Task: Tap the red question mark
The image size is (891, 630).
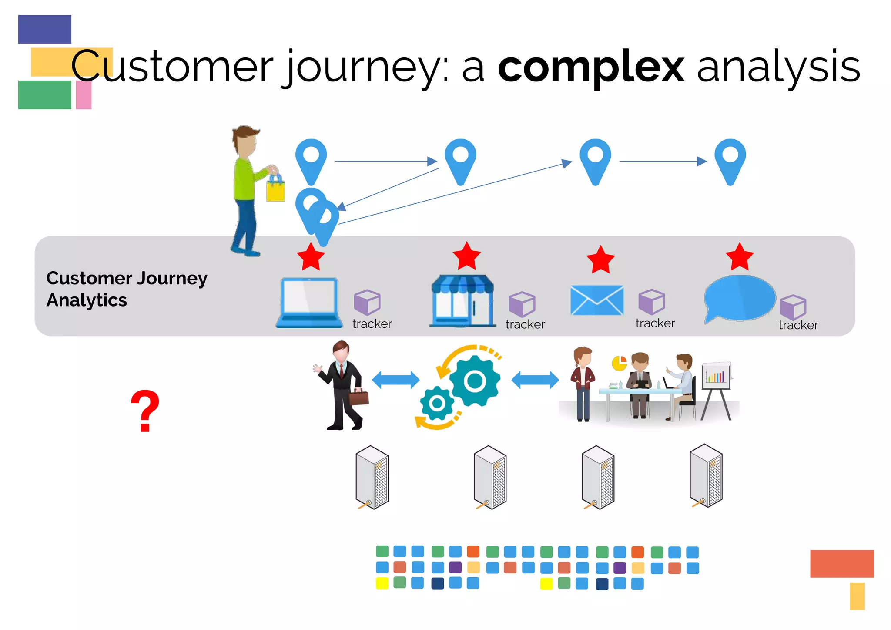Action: [x=145, y=411]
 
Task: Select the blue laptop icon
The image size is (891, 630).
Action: [x=309, y=303]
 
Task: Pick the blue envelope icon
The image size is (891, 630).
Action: [x=596, y=300]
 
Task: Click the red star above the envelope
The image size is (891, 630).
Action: [x=600, y=259]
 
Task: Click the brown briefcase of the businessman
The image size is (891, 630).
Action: [x=359, y=397]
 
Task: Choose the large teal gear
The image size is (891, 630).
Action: [x=474, y=381]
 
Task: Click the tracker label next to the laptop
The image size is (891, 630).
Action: [x=372, y=324]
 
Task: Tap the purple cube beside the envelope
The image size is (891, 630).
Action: [x=651, y=302]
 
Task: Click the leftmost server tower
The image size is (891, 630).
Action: [x=372, y=477]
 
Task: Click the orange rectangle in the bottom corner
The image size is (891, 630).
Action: [x=841, y=564]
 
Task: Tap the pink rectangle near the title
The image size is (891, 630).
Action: [x=84, y=95]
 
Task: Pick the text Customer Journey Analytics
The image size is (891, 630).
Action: [x=126, y=289]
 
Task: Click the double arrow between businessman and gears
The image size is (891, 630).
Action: [x=395, y=380]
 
